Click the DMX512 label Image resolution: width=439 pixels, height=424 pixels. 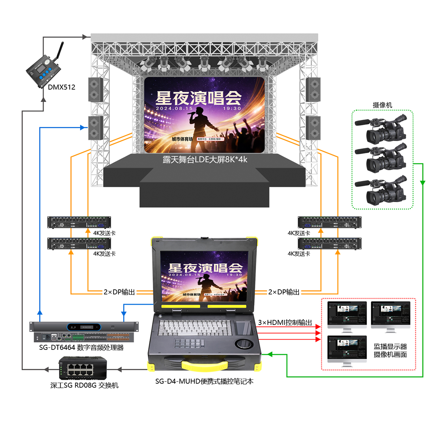pos(61,87)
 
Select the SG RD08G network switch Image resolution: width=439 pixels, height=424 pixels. pos(83,369)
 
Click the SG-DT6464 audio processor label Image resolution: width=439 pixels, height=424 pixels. pos(81,348)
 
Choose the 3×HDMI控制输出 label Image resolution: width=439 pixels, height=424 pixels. pos(285,322)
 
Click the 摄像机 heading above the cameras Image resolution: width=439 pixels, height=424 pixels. pos(382,105)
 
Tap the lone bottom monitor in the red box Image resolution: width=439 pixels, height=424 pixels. pos(347,350)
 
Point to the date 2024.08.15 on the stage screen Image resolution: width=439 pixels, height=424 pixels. pos(174,108)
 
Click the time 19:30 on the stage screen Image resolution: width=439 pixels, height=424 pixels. pos(232,108)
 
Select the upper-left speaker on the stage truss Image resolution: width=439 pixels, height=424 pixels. pos(95,89)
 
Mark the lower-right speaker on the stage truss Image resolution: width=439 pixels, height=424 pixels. pos(313,128)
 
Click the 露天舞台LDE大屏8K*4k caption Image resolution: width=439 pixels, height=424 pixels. pos(205,160)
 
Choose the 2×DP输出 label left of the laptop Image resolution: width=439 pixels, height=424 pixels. pos(119,292)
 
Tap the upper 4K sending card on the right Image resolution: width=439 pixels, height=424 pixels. pos(329,222)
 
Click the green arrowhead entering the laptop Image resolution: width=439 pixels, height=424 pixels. pos(270,354)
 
